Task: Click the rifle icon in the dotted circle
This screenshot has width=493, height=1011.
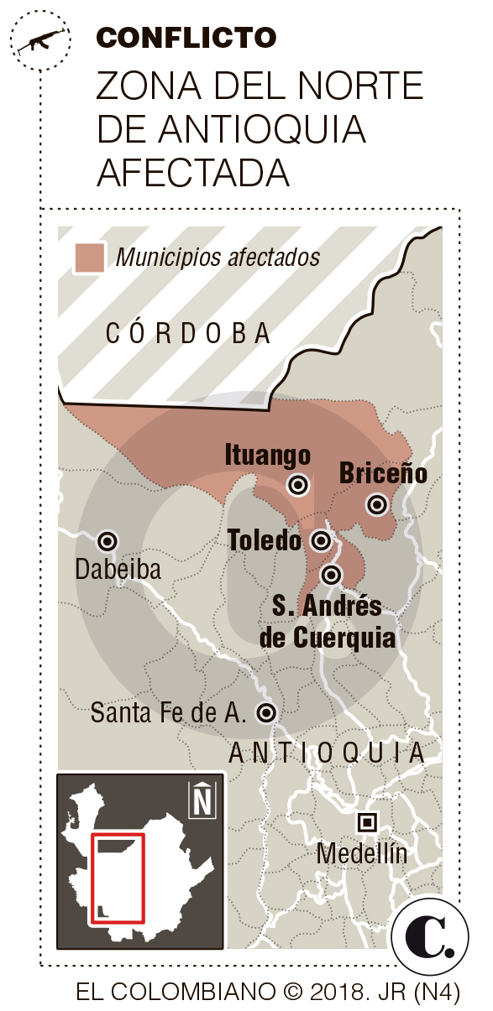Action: [x=38, y=40]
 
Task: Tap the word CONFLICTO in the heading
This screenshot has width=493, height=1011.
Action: [x=186, y=37]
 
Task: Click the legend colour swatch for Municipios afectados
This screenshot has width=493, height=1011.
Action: [x=89, y=258]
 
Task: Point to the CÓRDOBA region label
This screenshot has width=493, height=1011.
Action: [x=188, y=334]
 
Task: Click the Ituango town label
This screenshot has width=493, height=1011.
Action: [x=268, y=456]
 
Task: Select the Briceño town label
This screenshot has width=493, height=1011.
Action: [x=383, y=473]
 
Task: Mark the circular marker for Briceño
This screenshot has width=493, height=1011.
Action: [x=377, y=504]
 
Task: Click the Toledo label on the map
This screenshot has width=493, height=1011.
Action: [x=265, y=540]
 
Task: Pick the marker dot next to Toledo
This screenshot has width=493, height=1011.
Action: [x=321, y=539]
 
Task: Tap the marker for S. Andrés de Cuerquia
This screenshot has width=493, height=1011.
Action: [x=332, y=575]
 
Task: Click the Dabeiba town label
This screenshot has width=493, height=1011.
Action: [x=118, y=570]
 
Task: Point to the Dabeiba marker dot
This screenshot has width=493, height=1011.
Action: [x=108, y=540]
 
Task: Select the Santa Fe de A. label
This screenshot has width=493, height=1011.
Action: [x=169, y=713]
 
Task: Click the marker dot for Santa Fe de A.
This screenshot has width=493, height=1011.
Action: [x=267, y=712]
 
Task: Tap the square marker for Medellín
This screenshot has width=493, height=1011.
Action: [x=366, y=821]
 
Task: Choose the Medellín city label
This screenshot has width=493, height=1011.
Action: [x=362, y=854]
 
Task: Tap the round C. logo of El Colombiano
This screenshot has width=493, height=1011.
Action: [x=429, y=937]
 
